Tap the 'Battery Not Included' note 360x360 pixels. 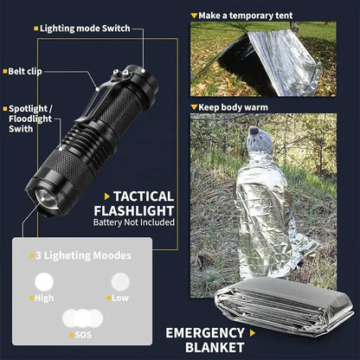[x=134, y=222]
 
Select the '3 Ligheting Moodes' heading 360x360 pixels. [x=84, y=255]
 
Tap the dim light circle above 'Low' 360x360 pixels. [x=119, y=280]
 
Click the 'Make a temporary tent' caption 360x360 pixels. [x=243, y=16]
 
